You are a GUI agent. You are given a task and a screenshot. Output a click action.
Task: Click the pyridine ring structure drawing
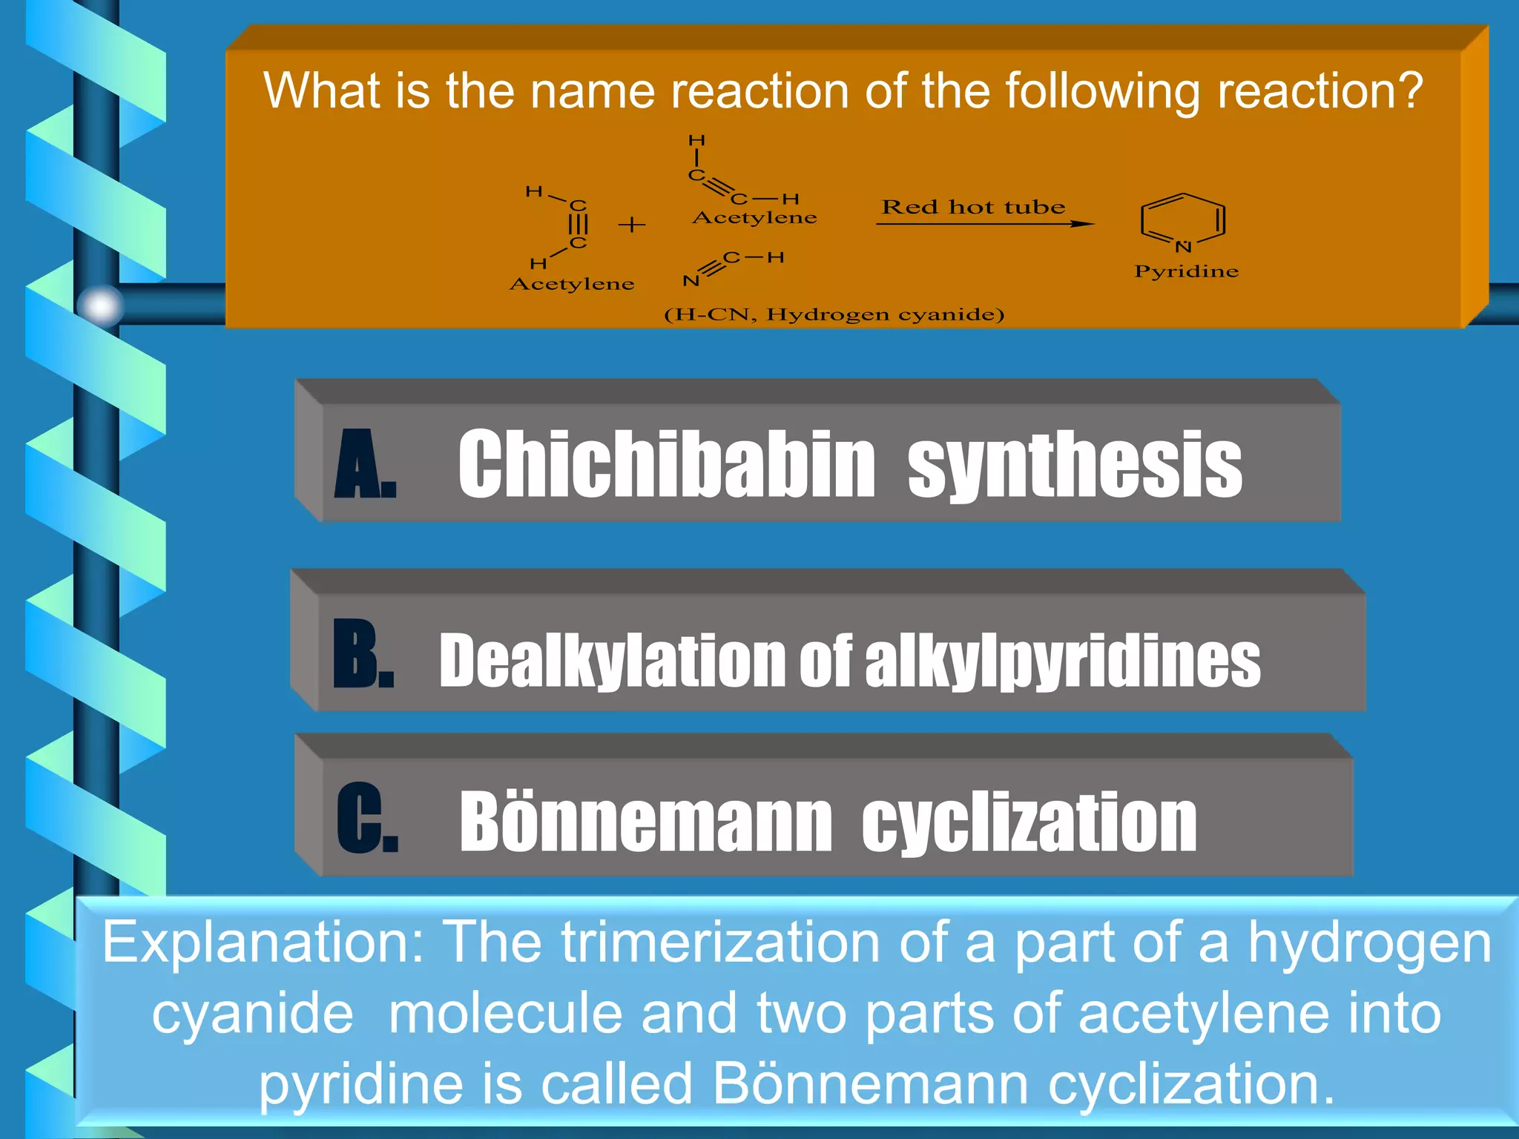1182,220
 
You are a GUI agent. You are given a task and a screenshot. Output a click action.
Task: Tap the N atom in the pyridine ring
1183,247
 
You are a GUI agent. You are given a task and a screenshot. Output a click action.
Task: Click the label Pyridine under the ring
1186,271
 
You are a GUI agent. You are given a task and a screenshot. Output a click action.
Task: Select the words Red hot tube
973,207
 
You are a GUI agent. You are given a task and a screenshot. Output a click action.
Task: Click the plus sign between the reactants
632,224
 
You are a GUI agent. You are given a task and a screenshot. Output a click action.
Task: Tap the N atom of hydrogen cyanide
691,281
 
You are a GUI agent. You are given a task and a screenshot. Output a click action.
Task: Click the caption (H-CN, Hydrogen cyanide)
834,314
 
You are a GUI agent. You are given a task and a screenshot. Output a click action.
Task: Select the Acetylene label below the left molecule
572,284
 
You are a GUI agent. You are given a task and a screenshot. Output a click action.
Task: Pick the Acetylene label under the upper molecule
754,218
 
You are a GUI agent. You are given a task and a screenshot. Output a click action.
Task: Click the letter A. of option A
365,465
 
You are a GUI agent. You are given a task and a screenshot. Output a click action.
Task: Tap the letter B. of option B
363,655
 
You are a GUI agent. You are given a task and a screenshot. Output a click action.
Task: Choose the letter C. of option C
366,818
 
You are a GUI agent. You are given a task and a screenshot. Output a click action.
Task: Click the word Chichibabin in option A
667,465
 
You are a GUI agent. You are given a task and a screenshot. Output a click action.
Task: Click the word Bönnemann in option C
645,822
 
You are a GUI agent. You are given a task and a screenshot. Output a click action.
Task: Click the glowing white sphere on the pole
100,305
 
